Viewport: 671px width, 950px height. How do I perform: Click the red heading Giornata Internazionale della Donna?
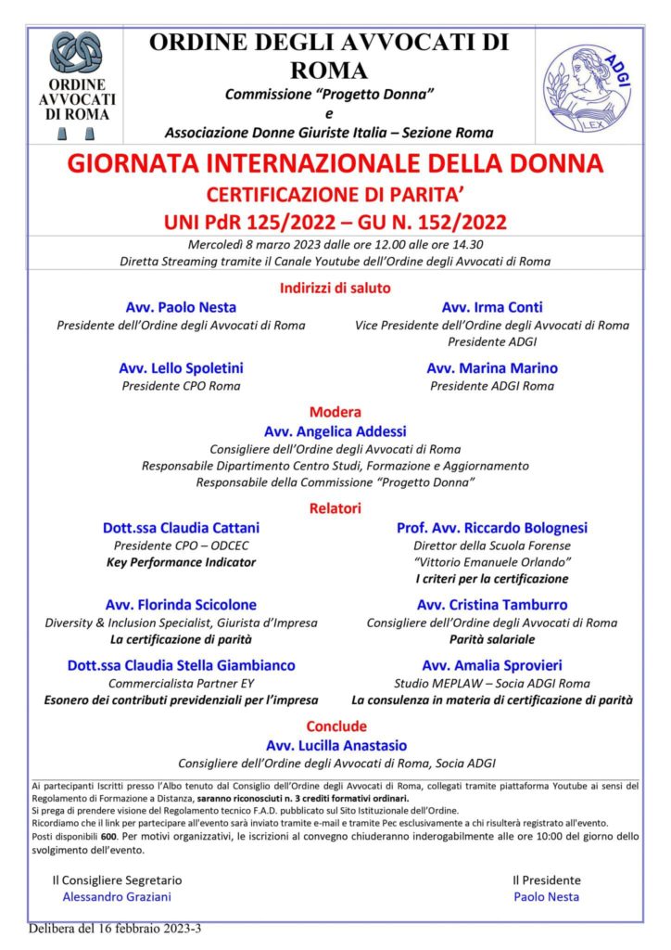[x=335, y=165]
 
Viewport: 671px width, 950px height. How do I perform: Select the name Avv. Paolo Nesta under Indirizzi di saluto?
[x=181, y=307]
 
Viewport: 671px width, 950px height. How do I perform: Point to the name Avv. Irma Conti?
[x=492, y=307]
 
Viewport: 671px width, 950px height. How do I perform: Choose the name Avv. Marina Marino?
[x=492, y=367]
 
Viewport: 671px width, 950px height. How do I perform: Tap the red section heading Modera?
[x=335, y=412]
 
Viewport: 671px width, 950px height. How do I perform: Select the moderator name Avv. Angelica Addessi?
[x=335, y=431]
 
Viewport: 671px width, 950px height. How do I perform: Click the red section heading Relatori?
[x=335, y=508]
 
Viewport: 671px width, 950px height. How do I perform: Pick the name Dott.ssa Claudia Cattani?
[x=181, y=528]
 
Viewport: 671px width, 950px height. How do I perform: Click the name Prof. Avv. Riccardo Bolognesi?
[x=492, y=528]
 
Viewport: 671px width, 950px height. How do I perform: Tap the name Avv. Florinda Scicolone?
[x=181, y=605]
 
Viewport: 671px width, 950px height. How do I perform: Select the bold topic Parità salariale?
[x=492, y=639]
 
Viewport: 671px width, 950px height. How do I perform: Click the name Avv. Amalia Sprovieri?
[x=492, y=665]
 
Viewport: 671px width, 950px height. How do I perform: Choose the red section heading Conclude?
[x=335, y=726]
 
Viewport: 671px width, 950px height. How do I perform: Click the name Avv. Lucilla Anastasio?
[x=335, y=745]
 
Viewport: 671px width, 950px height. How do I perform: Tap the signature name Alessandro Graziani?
[x=117, y=897]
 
